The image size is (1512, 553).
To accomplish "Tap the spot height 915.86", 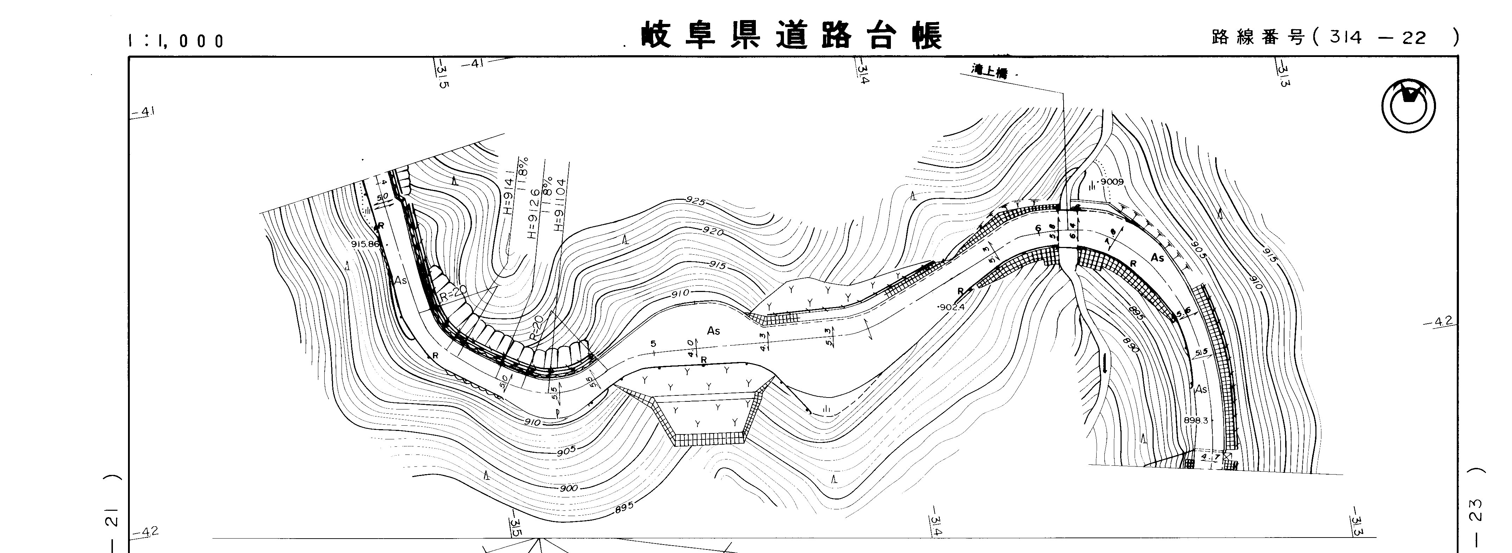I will point(366,244).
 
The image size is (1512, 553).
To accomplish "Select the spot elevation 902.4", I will point(951,307).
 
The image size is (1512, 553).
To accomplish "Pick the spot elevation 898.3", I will point(1195,420).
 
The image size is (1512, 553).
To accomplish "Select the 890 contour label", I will point(1130,345).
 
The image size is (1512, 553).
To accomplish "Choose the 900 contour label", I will point(568,488).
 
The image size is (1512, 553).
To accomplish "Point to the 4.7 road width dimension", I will point(1210,456).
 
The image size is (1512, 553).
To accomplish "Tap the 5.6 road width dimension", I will point(1184,312).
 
